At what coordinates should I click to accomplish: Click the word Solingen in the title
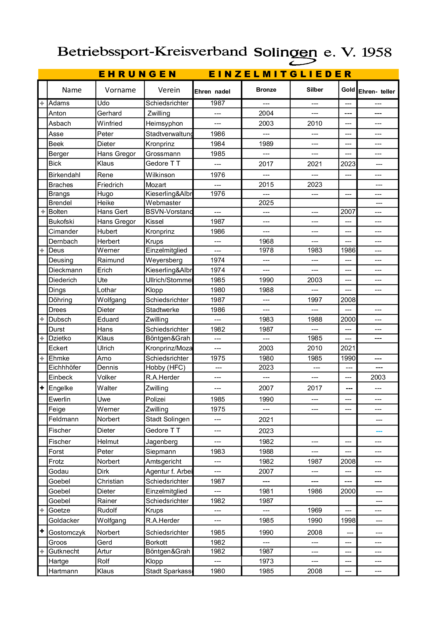coord(285,52)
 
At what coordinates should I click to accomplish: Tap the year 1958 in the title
coord(376,52)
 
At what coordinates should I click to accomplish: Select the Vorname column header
coord(120,90)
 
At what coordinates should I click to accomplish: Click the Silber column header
coord(315,90)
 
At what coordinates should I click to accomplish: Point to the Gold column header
coord(348,90)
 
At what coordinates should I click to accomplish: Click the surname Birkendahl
coord(64,175)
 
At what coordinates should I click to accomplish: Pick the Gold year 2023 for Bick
coord(348,164)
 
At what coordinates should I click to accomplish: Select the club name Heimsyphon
coord(164,123)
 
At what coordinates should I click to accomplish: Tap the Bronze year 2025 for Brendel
coord(266,203)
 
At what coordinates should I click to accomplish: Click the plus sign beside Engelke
coord(42,388)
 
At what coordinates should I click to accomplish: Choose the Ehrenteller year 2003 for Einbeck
coord(378,377)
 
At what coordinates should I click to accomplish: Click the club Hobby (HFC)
coord(165,367)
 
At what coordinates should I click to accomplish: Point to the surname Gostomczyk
coord(67,533)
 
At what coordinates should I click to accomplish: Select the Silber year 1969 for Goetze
coord(315,510)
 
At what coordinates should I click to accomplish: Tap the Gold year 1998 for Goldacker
coord(348,521)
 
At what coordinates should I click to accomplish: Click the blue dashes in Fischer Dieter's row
coord(379,432)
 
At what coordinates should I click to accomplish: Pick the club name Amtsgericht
coord(163,462)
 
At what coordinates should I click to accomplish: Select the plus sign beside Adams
coord(42,103)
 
